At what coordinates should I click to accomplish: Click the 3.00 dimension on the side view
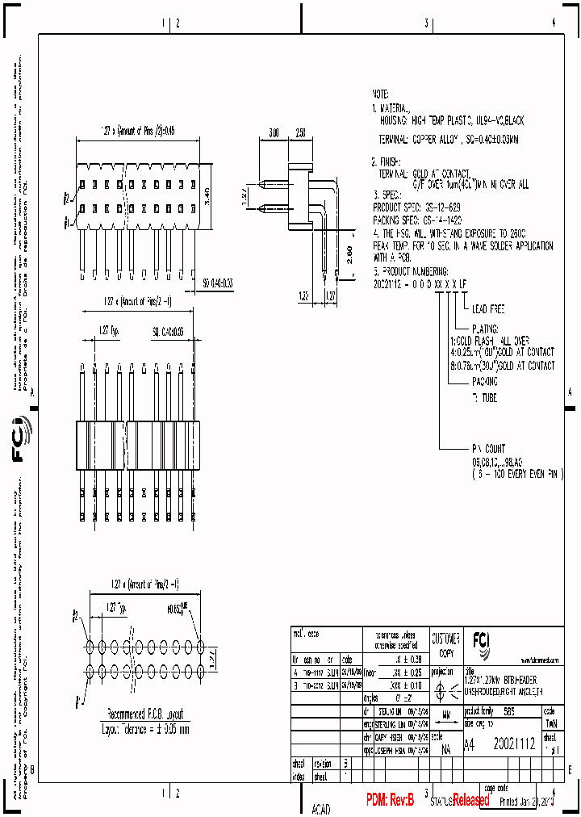point(274,132)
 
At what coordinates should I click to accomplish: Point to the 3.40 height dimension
point(207,194)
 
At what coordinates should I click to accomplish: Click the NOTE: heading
point(382,94)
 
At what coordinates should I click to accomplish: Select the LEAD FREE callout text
point(488,309)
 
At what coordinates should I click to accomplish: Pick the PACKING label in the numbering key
point(484,380)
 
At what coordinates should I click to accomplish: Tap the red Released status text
point(470,800)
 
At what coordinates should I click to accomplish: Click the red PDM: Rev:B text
point(390,800)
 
